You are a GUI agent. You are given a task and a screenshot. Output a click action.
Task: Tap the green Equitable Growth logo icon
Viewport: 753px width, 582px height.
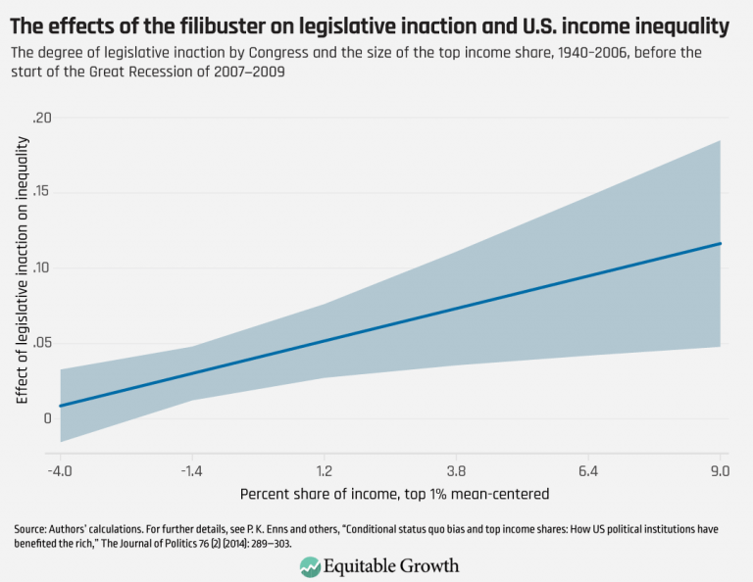point(310,565)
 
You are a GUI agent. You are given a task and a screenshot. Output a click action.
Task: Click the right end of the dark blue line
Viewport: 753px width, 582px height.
point(721,243)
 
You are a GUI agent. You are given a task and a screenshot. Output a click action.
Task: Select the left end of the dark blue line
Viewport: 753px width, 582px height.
point(61,406)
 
